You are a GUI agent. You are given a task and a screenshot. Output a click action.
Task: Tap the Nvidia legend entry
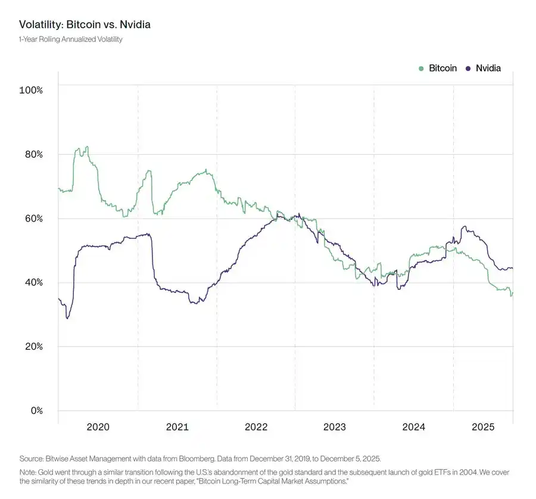[488, 68]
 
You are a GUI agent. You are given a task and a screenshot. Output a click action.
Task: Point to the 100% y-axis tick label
[31, 90]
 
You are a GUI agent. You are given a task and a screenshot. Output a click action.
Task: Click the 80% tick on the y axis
[33, 154]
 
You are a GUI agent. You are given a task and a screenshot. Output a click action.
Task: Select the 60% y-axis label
[33, 219]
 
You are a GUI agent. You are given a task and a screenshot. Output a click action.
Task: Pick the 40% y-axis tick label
[33, 282]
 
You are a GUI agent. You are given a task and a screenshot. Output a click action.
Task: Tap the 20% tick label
[33, 347]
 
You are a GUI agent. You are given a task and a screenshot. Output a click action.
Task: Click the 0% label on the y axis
[35, 411]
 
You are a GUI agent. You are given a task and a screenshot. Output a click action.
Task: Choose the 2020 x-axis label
[98, 427]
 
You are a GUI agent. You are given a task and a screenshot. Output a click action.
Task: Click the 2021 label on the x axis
[177, 427]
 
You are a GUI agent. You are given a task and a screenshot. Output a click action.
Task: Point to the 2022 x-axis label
[256, 427]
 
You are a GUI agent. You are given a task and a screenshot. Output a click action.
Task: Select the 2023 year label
[335, 427]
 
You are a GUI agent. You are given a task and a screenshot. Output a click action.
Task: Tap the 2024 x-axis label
[413, 427]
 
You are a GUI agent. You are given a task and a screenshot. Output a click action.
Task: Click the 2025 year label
[483, 427]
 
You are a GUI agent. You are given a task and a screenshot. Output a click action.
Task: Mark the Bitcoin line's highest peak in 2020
[87, 146]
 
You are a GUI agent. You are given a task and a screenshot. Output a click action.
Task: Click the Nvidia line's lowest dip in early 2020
[67, 319]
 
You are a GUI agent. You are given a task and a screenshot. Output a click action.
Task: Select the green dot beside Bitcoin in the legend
[422, 68]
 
